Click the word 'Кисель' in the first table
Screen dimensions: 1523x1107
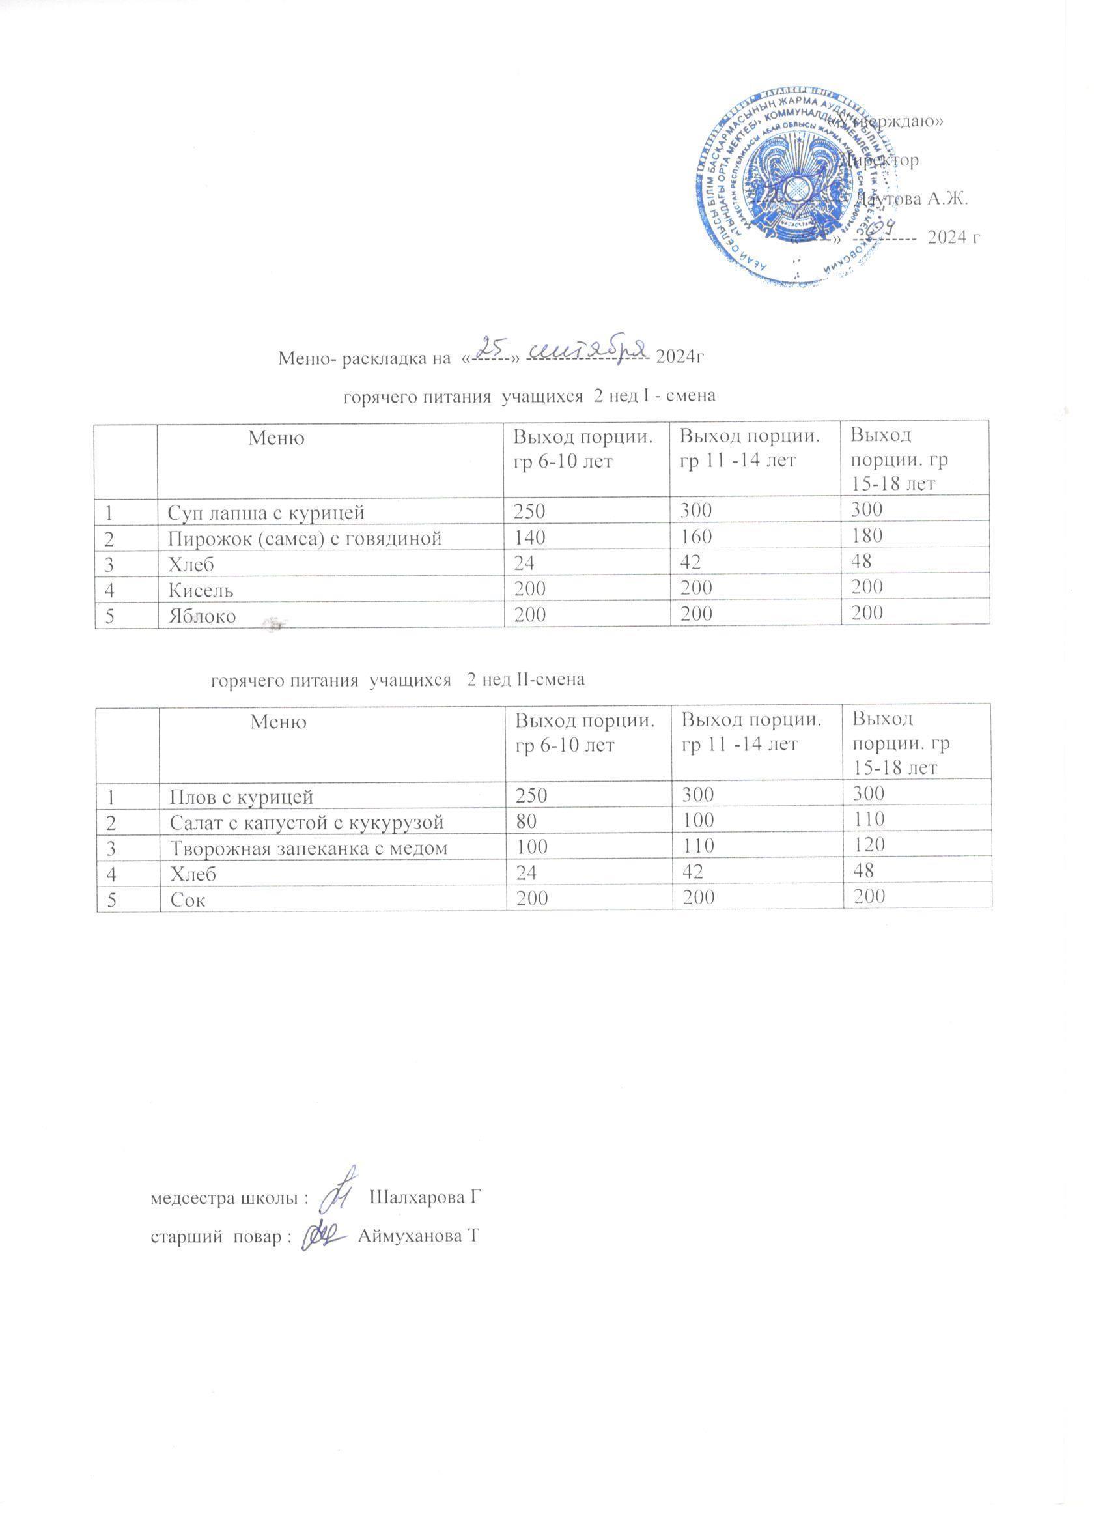[x=200, y=590]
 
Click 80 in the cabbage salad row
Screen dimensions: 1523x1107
[x=524, y=821]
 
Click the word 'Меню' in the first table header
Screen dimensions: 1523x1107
[x=276, y=438]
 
